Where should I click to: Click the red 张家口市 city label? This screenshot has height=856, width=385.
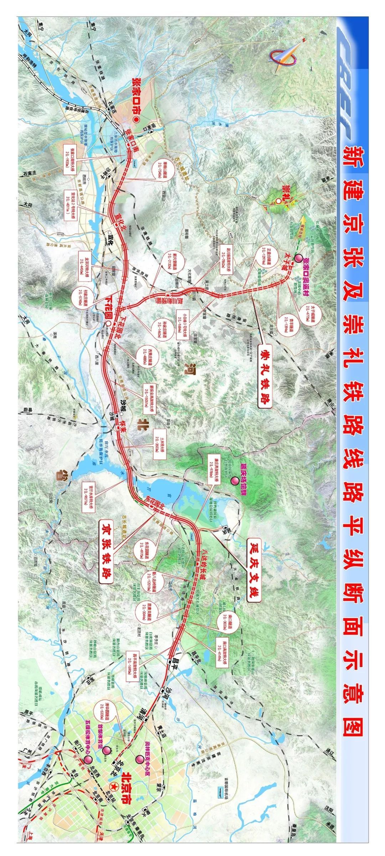(136, 97)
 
